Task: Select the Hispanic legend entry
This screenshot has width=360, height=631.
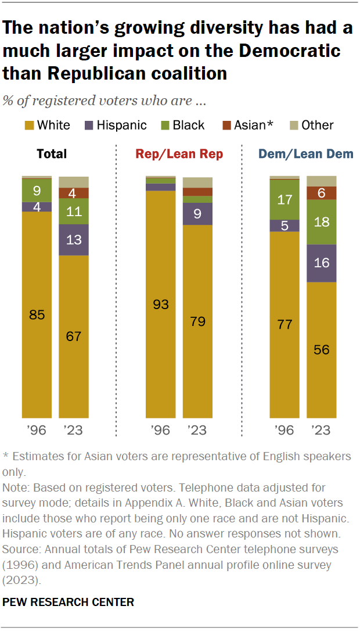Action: (x=116, y=126)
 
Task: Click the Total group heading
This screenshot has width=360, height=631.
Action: (x=52, y=154)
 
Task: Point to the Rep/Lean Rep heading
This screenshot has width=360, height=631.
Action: (x=179, y=154)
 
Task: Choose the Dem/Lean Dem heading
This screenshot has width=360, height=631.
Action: (x=305, y=154)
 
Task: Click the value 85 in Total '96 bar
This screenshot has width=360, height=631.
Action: (x=37, y=315)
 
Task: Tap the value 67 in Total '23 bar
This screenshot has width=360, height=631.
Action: (x=74, y=336)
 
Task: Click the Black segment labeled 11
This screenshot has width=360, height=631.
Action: (x=74, y=211)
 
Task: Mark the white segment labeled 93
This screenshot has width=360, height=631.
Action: (x=160, y=304)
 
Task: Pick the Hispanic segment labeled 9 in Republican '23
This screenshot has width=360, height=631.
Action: (x=197, y=214)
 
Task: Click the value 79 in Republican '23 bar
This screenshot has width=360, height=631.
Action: (x=197, y=321)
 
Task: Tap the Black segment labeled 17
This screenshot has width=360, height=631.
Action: (x=285, y=200)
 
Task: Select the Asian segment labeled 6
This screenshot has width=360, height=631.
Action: (x=322, y=193)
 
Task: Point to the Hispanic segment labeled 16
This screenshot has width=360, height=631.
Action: (x=322, y=263)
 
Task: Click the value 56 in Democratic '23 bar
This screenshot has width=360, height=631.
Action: (x=322, y=350)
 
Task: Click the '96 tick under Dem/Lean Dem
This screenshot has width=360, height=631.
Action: (x=285, y=431)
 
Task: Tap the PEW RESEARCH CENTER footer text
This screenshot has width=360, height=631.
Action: (x=69, y=603)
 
